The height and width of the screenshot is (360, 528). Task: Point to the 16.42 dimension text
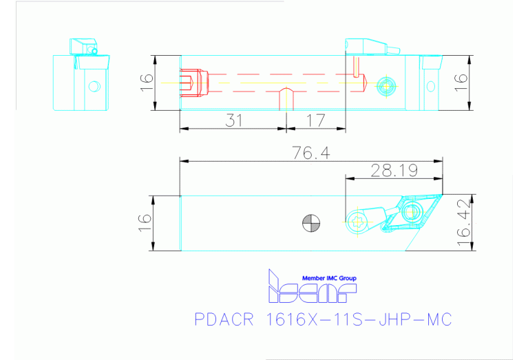pos(465,220)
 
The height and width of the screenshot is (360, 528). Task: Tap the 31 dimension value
pos(235,120)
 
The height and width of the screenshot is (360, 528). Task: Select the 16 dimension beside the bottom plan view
pos(145,222)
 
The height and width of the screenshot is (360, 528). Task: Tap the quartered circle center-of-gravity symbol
pos(311,222)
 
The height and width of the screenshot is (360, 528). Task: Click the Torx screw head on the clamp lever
pos(356,221)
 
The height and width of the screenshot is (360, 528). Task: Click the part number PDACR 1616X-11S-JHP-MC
pos(324,320)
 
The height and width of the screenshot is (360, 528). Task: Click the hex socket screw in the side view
pos(385,86)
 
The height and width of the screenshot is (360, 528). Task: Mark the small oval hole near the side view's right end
pos(431,85)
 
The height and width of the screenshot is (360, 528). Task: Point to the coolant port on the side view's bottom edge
pos(284,99)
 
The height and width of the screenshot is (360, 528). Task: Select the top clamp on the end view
pos(83,46)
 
